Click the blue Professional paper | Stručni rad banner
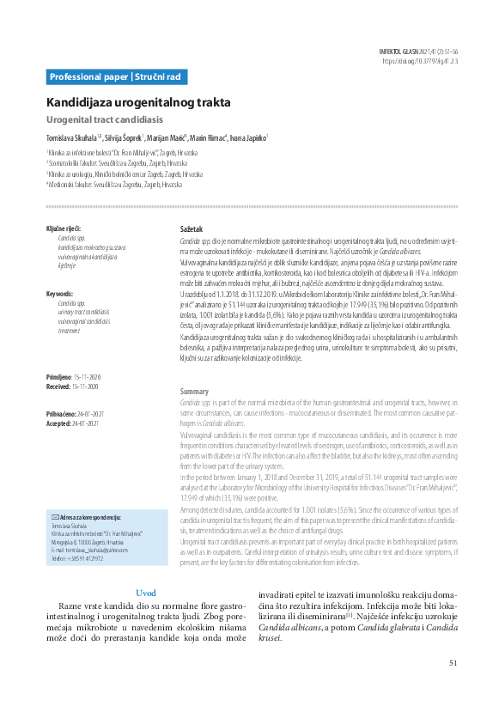(115, 77)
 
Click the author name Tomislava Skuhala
(74, 137)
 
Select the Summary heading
(194, 391)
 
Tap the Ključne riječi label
(63, 228)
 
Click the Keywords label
(59, 294)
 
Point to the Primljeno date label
(59, 378)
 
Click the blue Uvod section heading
(146, 593)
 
